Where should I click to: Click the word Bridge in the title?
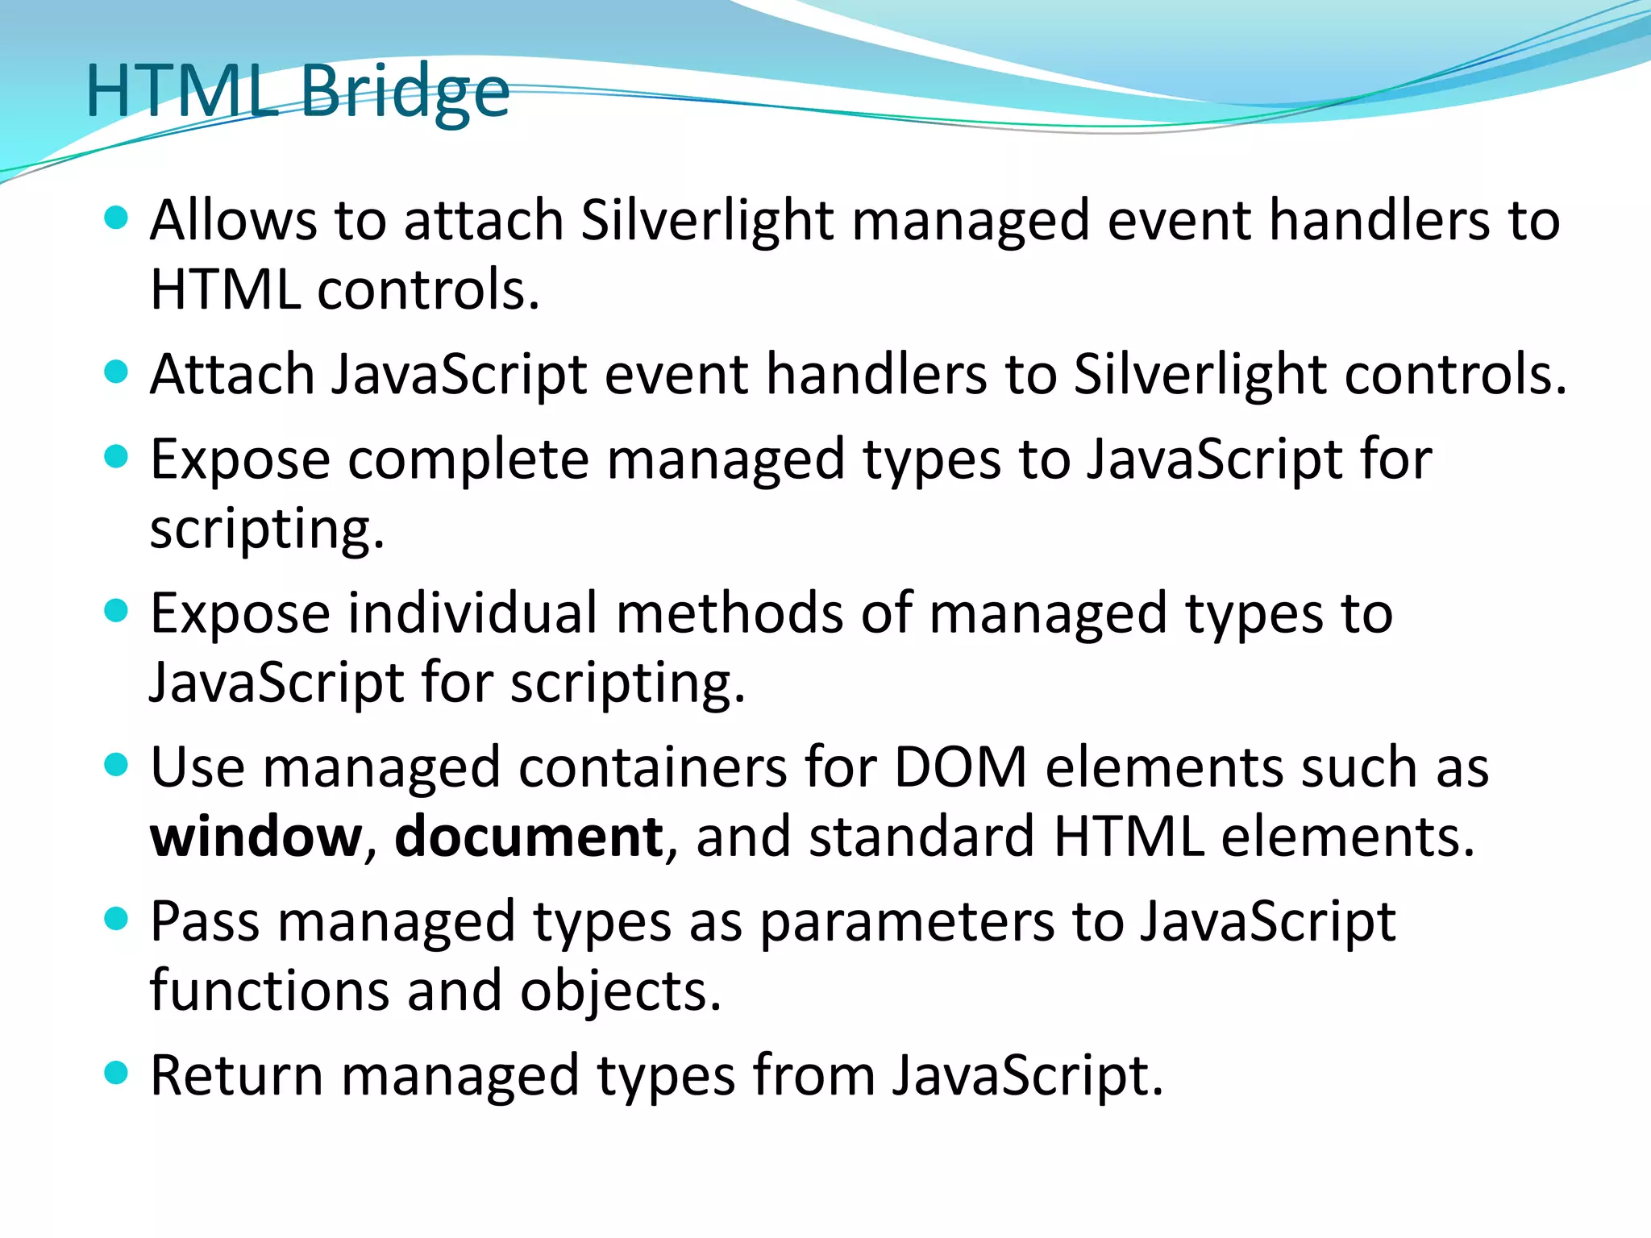tap(405, 93)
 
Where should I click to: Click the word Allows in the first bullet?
tap(233, 220)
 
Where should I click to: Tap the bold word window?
tap(256, 837)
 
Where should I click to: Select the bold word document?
tap(529, 837)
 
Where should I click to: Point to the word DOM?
tap(960, 767)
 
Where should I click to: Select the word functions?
tap(269, 991)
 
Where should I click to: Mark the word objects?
tap(620, 992)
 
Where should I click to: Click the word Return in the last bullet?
tap(237, 1076)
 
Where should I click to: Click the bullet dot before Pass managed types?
tap(117, 919)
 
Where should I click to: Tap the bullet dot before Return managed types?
tap(117, 1073)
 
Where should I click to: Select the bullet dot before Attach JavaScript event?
tap(117, 372)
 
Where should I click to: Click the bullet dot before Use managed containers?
tap(117, 764)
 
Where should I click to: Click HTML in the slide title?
tap(181, 93)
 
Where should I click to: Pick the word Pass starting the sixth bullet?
tap(205, 922)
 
